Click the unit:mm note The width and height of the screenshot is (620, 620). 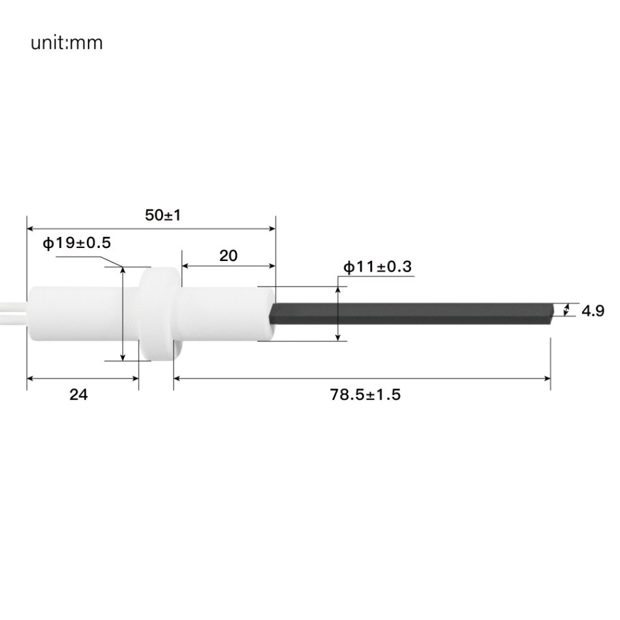coord(66,44)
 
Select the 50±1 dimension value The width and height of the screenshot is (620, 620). coord(163,215)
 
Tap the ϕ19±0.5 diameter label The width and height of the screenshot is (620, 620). coord(77,243)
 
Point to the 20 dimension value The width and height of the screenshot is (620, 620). coord(228,256)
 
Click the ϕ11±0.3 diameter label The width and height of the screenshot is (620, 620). coord(378,267)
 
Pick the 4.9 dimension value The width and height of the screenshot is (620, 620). coord(593,311)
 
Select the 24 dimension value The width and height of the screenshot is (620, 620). coord(78,395)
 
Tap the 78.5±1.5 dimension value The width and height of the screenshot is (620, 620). coord(365,395)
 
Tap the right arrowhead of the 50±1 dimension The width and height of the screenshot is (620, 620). coord(271,228)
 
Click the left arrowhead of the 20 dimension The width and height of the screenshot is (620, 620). coord(185,266)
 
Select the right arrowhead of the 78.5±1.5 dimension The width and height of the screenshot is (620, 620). coord(546,378)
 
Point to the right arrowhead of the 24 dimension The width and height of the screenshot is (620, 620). coord(134,378)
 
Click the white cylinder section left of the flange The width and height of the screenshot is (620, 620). coord(78,313)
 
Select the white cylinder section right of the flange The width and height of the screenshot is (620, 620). coord(225,313)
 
